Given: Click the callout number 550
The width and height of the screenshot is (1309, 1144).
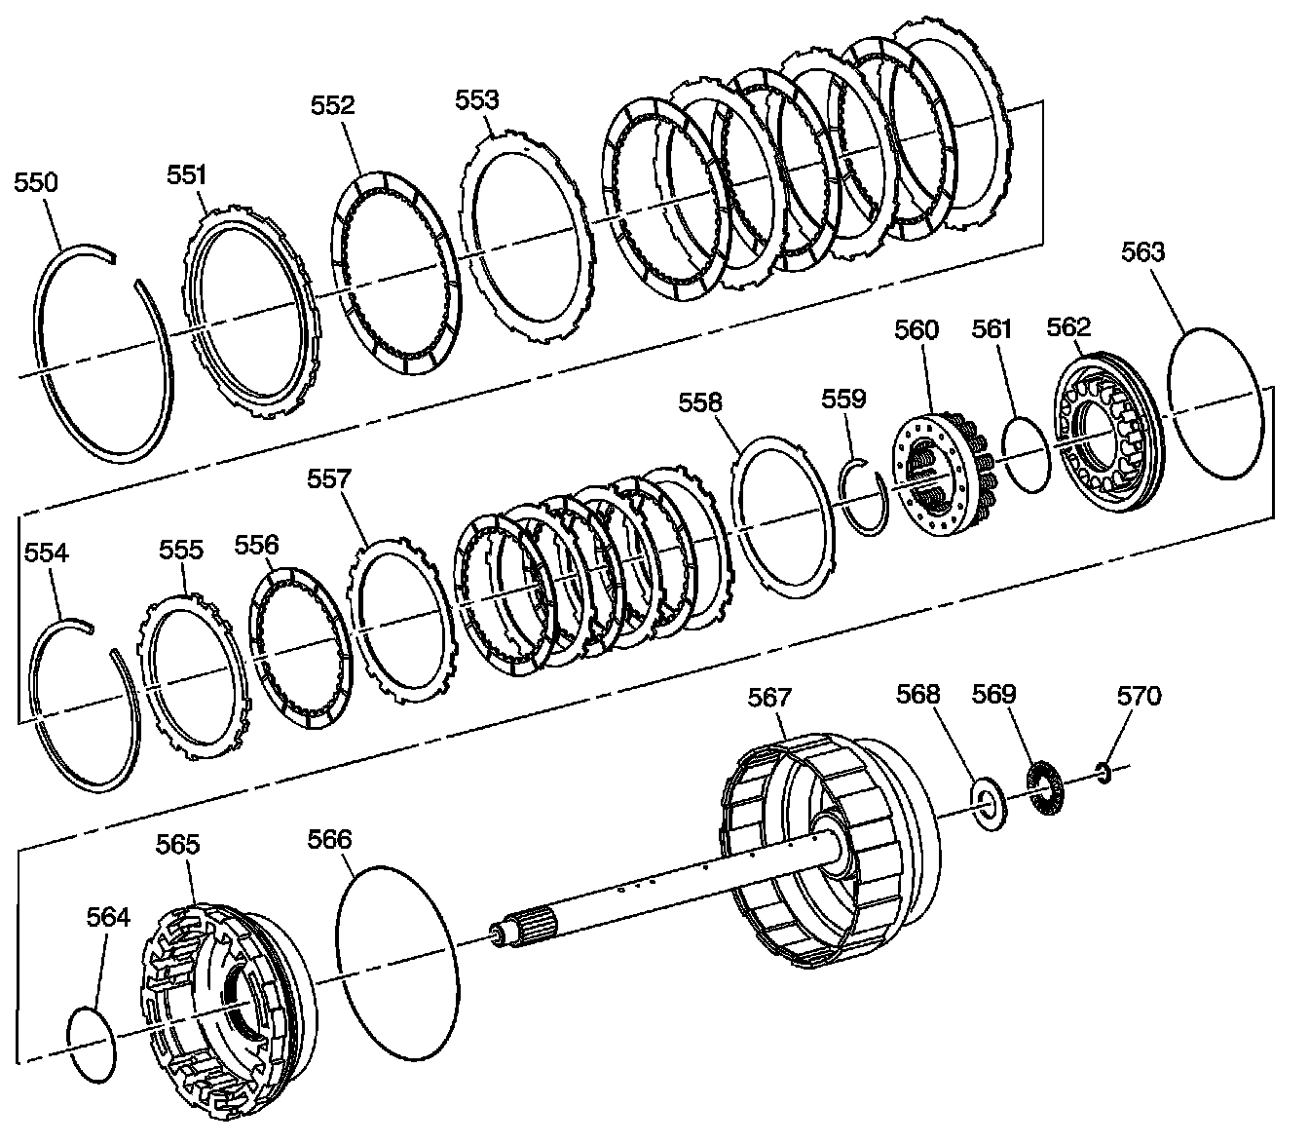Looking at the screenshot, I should point(35,182).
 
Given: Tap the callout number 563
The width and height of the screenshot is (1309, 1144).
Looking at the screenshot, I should point(1142,251).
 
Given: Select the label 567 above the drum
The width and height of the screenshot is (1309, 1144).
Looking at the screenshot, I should point(769,697).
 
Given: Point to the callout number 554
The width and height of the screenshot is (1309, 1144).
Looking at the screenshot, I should point(46,553).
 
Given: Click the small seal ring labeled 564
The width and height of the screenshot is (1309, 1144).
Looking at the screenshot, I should point(91,1044).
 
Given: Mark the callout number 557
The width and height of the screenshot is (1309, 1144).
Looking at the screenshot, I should point(329,479).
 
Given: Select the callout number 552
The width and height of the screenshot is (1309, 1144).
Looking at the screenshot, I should point(333,105).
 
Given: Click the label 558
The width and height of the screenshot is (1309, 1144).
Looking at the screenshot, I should point(700,401).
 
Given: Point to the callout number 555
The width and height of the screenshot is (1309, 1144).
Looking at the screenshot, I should point(181,550).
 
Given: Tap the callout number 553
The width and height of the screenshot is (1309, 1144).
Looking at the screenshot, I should point(477,98).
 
